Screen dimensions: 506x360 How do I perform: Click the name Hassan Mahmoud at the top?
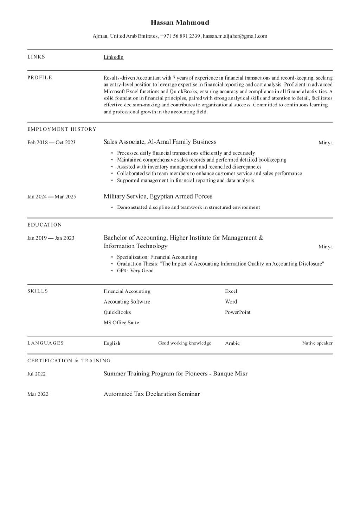point(180,22)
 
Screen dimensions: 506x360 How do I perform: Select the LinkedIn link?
point(113,57)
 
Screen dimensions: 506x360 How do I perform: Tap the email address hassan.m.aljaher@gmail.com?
point(235,36)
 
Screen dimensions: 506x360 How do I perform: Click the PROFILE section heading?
point(40,77)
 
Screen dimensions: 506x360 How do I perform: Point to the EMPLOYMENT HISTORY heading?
point(62,129)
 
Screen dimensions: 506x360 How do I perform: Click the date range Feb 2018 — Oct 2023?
point(51,142)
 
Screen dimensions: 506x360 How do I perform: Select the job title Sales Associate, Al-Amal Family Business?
point(160,142)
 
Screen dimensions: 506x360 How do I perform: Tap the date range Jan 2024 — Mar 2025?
point(51,196)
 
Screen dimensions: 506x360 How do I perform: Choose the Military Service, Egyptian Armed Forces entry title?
point(158,196)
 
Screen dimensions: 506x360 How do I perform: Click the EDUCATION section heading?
point(45,225)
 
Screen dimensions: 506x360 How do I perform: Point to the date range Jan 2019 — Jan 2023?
point(51,238)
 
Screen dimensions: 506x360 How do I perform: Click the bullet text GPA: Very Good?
point(135,271)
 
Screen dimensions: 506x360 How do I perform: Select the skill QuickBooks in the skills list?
point(117,312)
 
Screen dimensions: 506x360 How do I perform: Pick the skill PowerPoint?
point(238,312)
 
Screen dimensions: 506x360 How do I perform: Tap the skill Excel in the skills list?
point(231,291)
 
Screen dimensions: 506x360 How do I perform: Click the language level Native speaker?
point(317,343)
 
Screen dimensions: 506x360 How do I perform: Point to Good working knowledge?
point(185,343)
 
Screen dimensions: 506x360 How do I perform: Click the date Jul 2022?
point(37,374)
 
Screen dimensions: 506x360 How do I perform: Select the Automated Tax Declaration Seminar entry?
point(152,394)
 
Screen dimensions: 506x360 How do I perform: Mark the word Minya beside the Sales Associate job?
point(325,143)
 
